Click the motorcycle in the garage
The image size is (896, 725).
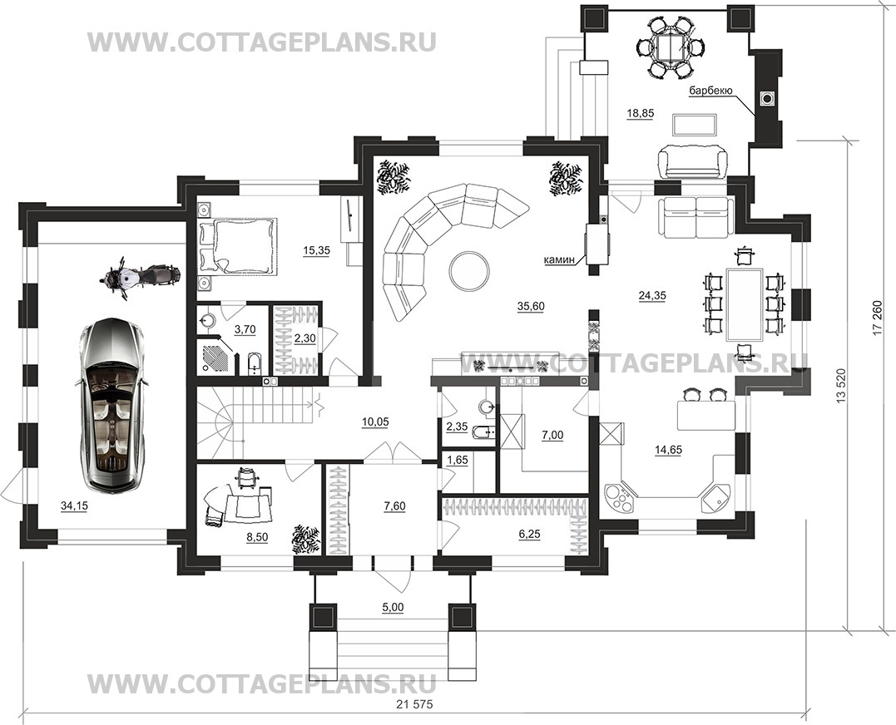coord(140,276)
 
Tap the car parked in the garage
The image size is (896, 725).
coord(111,404)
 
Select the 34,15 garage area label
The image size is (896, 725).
coord(74,506)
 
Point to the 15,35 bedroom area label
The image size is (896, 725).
coord(316,250)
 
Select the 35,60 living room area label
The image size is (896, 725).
coord(531,306)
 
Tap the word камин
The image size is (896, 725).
coord(559,261)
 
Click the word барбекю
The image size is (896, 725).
coord(710,90)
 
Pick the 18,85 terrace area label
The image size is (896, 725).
coord(640,114)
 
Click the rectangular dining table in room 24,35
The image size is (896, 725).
coord(744,304)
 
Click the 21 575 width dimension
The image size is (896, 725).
coord(414,704)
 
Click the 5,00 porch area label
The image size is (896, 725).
coord(393,608)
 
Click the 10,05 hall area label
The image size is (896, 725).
coord(375,422)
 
